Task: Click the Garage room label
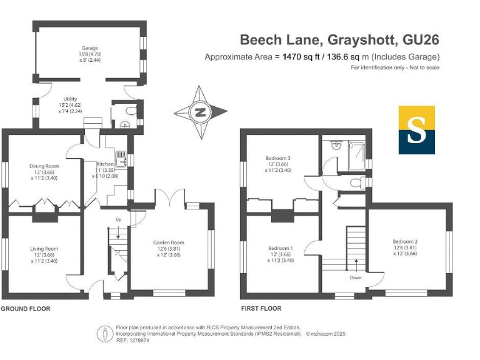tap(90, 48)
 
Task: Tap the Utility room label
tap(69, 99)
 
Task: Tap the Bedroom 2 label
tap(405, 241)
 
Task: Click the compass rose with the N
tap(200, 113)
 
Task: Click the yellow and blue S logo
tap(417, 130)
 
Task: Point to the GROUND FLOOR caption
tap(26, 309)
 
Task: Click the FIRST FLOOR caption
tap(261, 309)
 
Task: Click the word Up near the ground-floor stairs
tap(117, 219)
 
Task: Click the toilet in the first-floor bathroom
tap(356, 182)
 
